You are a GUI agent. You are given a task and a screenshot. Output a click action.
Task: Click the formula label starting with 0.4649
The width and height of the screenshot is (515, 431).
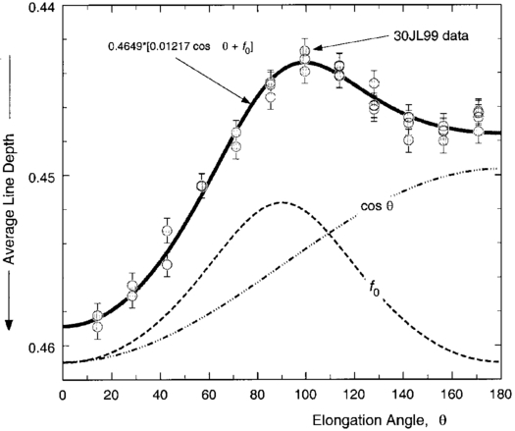pos(171,46)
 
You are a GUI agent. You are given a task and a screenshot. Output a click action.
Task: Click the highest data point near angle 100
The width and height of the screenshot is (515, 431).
pos(305,50)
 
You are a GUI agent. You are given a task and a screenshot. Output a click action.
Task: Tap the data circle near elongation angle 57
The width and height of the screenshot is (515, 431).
pos(201,187)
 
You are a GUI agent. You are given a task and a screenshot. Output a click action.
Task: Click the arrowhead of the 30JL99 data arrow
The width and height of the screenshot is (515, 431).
pos(314,46)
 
